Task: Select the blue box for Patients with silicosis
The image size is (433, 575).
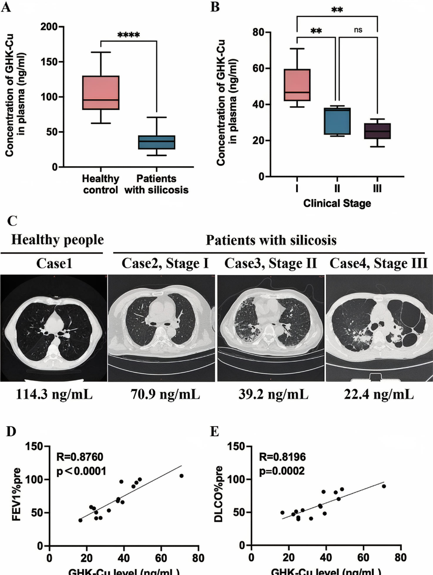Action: (x=157, y=142)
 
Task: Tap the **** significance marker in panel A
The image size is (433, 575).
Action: (x=129, y=35)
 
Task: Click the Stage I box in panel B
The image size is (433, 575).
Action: (x=297, y=85)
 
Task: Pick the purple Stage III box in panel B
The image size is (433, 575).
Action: (x=377, y=131)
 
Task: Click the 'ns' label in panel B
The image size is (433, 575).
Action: (x=358, y=30)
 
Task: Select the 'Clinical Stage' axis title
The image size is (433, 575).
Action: (x=337, y=203)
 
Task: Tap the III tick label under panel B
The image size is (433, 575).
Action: (x=377, y=188)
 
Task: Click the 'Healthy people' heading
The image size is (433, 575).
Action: (x=58, y=240)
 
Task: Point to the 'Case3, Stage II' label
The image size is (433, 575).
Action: (x=271, y=263)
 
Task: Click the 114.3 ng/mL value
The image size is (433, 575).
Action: (x=54, y=394)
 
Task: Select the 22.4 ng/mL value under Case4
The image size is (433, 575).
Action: (x=379, y=394)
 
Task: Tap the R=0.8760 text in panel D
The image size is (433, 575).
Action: (x=80, y=457)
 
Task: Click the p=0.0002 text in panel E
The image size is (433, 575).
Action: (x=282, y=471)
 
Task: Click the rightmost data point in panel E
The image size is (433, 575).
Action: (x=384, y=486)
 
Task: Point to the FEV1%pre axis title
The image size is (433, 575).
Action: (x=16, y=494)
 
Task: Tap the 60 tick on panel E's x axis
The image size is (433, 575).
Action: (x=363, y=557)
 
